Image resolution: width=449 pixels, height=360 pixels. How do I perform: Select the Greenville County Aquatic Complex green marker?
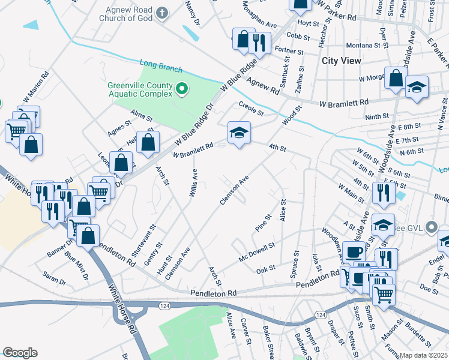(182, 90)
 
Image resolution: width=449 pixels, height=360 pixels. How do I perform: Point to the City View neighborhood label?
(342, 61)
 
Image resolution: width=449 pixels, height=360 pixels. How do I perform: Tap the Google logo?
(20, 353)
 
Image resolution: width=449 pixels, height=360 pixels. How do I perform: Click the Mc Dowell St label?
(256, 250)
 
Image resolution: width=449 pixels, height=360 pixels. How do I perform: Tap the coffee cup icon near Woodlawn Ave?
(354, 253)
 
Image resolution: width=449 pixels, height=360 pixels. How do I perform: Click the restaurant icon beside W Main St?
(381, 193)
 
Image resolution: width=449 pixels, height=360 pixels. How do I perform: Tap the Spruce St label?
(294, 264)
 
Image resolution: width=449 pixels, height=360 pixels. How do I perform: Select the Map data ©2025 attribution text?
(424, 355)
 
